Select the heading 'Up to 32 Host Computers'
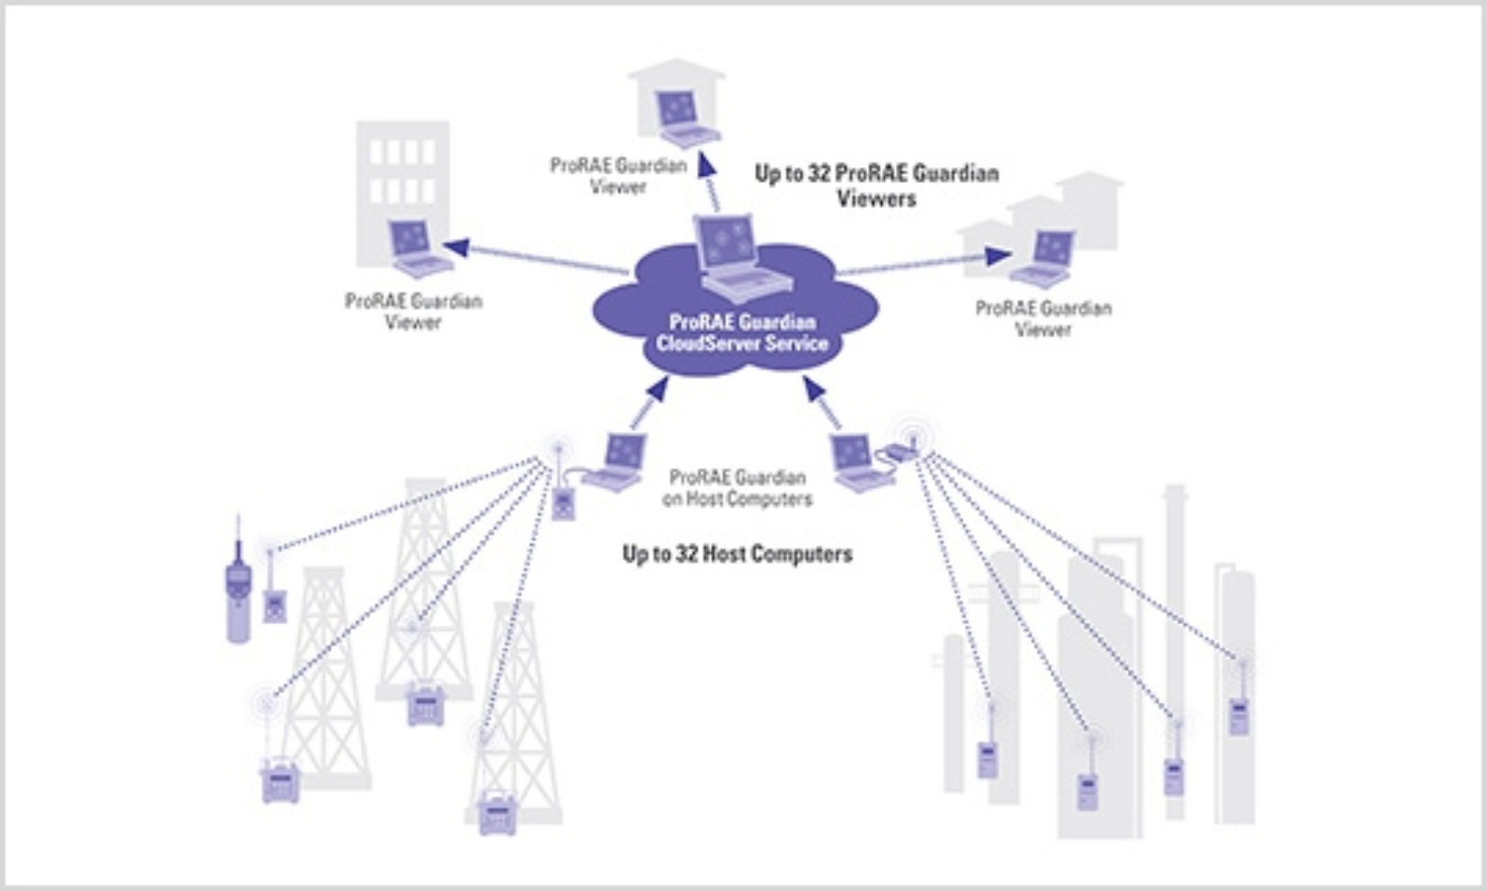click(737, 555)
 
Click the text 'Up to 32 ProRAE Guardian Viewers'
click(875, 186)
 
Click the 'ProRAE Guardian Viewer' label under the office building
click(414, 311)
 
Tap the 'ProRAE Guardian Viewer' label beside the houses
click(1043, 318)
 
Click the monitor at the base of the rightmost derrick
click(497, 815)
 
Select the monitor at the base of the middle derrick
click(427, 705)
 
